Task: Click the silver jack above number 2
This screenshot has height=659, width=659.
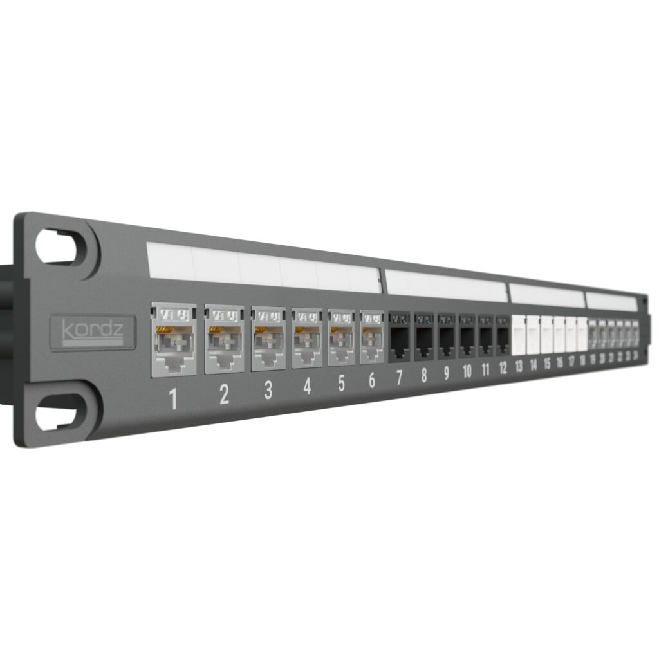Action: [x=224, y=340]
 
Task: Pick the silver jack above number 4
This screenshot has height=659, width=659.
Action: [x=307, y=339]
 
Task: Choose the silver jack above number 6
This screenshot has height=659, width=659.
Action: [x=371, y=337]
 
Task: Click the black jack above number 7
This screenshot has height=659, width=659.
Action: [x=399, y=336]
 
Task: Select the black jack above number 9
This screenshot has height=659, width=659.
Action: [x=446, y=335]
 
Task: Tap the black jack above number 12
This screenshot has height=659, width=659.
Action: [x=503, y=335]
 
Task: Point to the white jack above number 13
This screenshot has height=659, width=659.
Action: [x=518, y=334]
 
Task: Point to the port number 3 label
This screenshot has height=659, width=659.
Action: [x=268, y=390]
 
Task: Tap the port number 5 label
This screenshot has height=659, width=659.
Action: [x=341, y=383]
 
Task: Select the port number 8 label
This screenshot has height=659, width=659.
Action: [x=423, y=375]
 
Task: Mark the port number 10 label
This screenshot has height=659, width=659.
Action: [x=467, y=371]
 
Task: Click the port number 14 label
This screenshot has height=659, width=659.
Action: [x=534, y=366]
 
